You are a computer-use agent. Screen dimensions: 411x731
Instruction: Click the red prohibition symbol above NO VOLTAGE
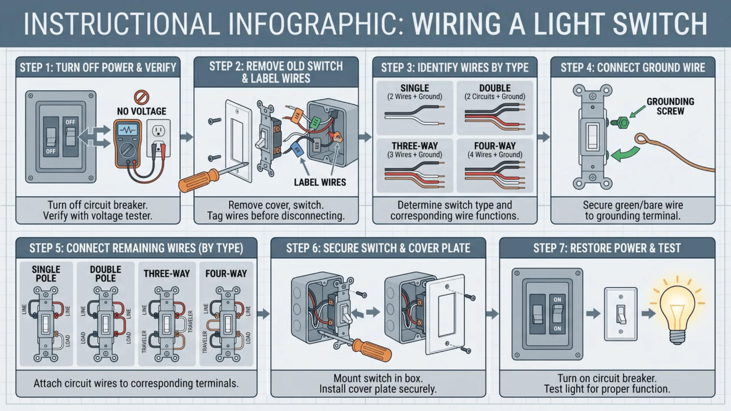[x=141, y=97]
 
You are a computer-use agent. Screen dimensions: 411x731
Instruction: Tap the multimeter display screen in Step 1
[x=128, y=130]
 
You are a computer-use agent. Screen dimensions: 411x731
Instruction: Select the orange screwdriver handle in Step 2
[x=198, y=181]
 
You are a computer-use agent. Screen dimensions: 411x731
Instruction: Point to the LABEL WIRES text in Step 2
[x=320, y=183]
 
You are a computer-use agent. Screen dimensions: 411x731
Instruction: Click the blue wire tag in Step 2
[x=297, y=149]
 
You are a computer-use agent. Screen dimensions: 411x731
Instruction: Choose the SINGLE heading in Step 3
[x=415, y=88]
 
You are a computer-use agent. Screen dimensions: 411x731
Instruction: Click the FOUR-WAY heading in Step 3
[x=495, y=146]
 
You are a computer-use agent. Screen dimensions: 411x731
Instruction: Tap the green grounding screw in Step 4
[x=621, y=123]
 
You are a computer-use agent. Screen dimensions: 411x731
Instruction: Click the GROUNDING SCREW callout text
[x=670, y=106]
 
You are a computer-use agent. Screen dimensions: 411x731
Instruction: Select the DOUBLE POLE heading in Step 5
[x=105, y=274]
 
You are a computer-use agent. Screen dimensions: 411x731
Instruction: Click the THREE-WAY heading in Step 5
[x=166, y=274]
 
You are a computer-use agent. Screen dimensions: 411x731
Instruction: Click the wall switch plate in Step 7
[x=621, y=314]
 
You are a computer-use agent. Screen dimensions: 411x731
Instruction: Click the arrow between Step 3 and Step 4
[x=543, y=137]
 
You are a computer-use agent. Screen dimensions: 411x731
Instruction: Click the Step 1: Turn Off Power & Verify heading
[x=98, y=68]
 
